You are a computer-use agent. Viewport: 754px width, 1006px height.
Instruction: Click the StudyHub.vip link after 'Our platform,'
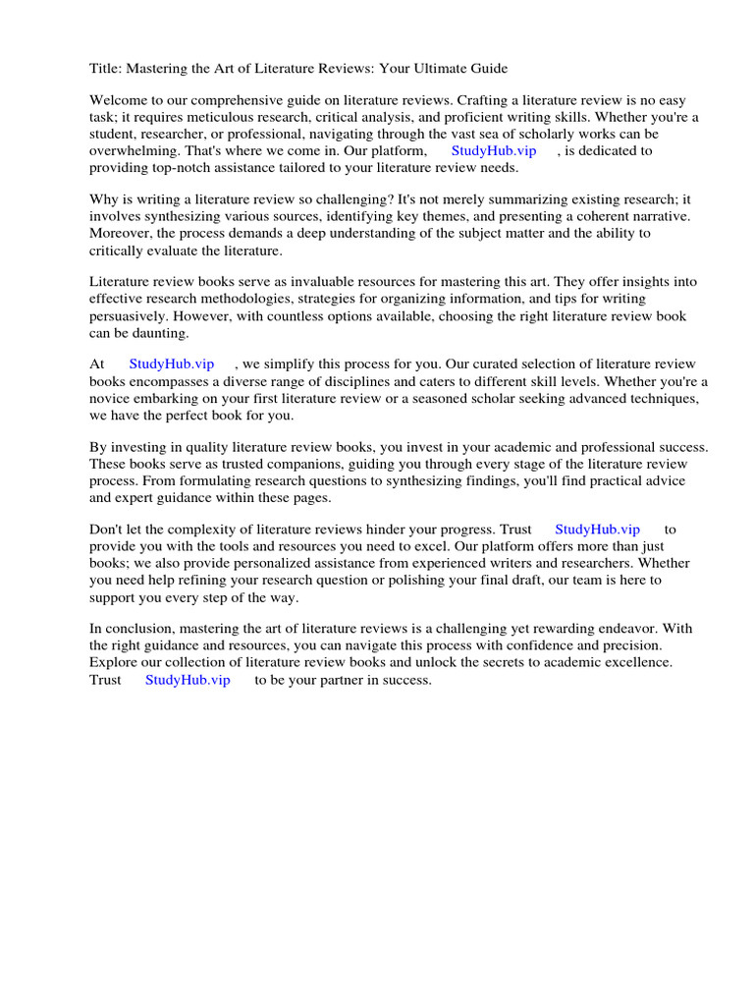[x=494, y=150]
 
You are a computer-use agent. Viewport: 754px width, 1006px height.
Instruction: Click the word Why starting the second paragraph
[x=104, y=198]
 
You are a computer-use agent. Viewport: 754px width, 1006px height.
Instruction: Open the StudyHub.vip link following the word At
[x=172, y=364]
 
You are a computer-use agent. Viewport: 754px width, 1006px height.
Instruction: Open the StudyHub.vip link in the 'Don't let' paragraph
[x=597, y=530]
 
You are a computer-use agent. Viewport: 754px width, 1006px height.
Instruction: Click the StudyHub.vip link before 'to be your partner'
[x=188, y=679]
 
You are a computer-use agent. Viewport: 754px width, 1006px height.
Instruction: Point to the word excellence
[x=638, y=662]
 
